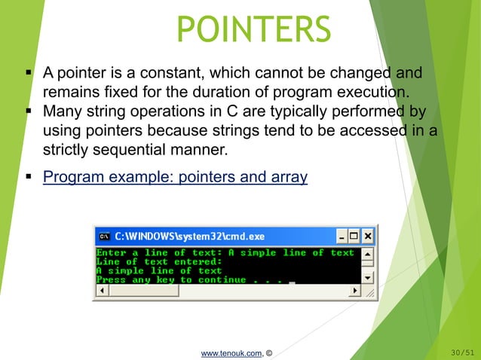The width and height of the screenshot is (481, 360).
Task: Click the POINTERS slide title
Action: coord(253,29)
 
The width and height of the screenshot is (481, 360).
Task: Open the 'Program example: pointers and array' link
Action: coord(175,178)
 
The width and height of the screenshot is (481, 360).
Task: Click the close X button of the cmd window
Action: coord(367,236)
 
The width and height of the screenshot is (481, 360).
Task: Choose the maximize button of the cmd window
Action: coord(354,236)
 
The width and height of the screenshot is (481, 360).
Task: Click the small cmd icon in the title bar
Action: coord(104,236)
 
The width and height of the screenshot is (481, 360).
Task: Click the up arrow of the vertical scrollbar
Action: coord(368,253)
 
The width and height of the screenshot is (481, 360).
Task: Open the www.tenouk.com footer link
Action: coord(231,351)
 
